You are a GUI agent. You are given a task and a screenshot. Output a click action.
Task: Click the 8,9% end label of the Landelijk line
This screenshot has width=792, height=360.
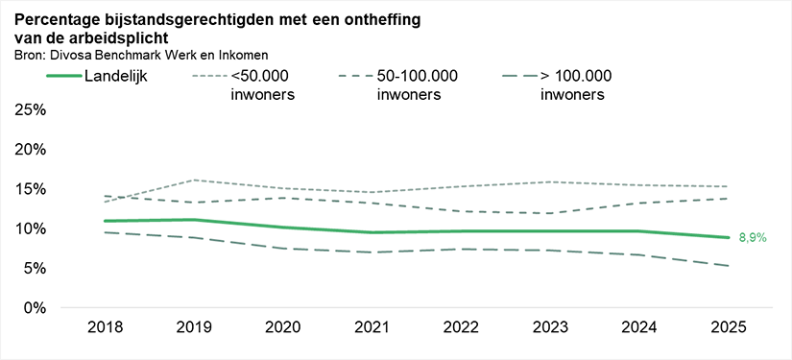[752, 238]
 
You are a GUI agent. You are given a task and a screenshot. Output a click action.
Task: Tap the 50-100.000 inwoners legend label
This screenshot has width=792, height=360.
[416, 84]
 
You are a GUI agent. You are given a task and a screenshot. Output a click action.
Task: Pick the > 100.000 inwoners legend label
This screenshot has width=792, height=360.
[573, 84]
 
